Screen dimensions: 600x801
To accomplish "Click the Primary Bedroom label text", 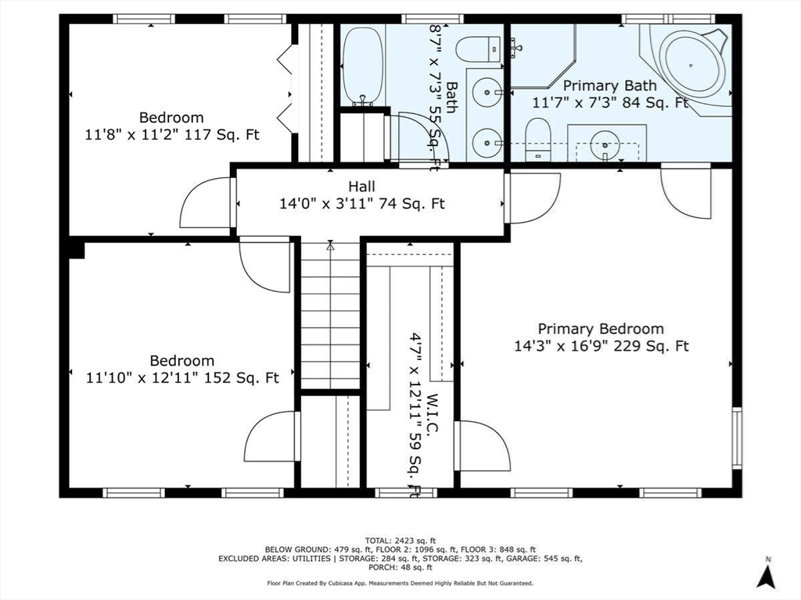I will coord(600,329).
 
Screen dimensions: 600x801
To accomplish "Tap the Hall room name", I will coord(361,187).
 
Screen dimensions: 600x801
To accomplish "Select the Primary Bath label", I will coord(610,86).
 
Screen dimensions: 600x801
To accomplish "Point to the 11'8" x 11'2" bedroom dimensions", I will coord(172,134).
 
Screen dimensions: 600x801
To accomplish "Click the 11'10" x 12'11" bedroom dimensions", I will coord(182,378).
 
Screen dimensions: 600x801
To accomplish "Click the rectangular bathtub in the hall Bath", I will coord(361,66).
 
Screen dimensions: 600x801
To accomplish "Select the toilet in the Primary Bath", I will coord(537,138).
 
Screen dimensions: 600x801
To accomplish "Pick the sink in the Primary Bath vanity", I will coord(606,143).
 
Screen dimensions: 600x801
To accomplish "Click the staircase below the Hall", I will coord(331,316).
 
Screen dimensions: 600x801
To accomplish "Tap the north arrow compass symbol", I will coord(767,576).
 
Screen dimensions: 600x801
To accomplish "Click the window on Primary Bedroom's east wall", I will coord(736,437).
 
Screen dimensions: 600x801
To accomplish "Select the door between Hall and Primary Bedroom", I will coord(532,198).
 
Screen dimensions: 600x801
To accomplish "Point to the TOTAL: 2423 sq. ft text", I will coord(400,540).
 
